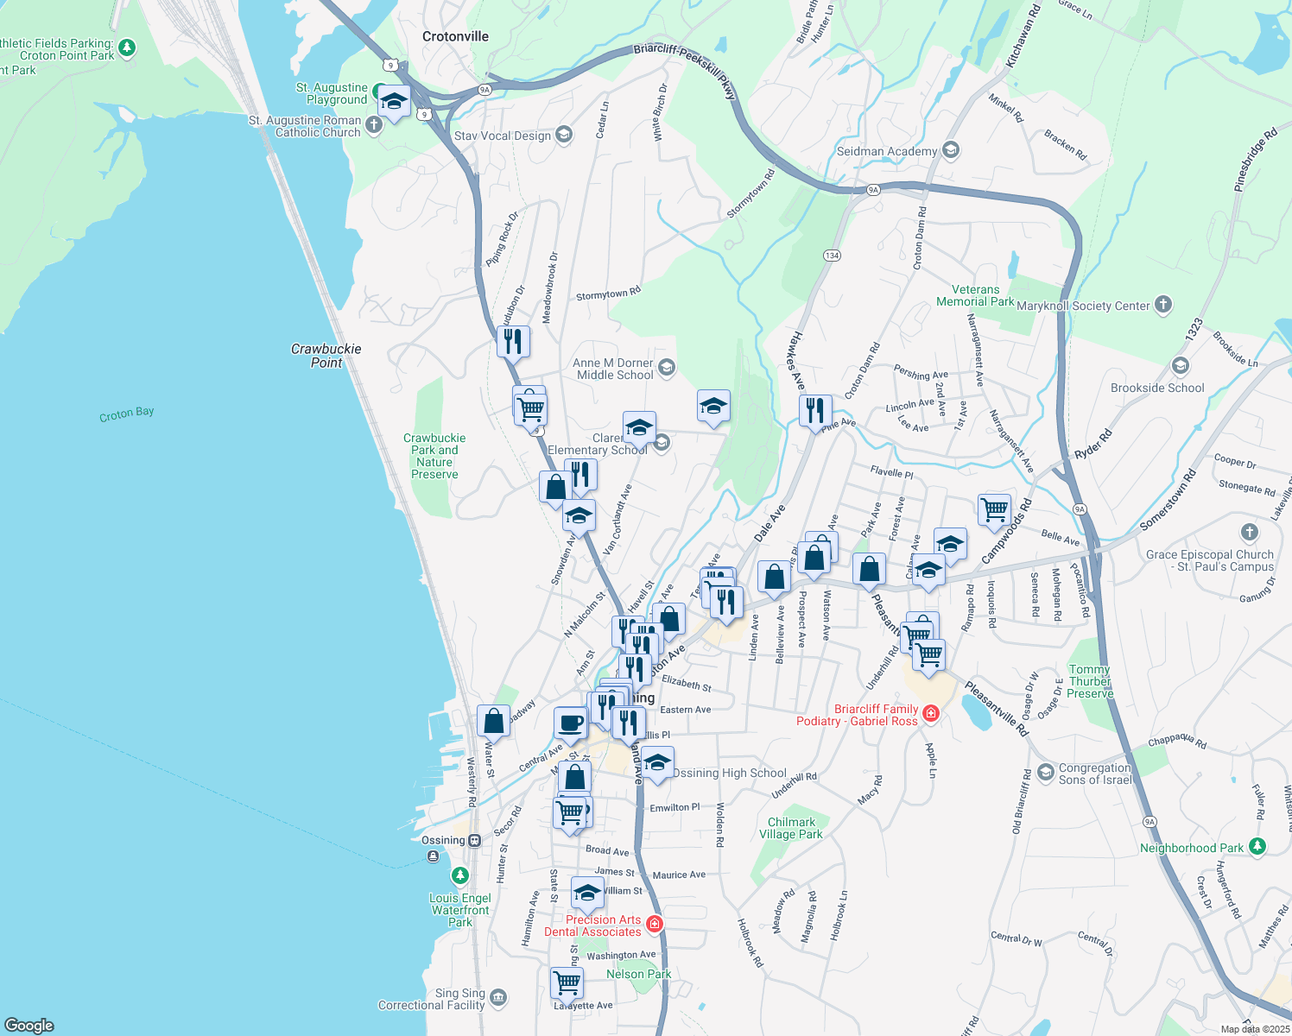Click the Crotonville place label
pos(455,36)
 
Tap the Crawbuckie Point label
pos(326,356)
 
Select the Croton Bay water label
pos(127,414)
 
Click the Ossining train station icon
pos(474,840)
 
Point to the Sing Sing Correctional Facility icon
pos(498,999)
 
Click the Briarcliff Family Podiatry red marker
pos(931,713)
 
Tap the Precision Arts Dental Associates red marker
pos(655,925)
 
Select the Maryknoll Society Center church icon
pos(1163,304)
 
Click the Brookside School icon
pos(1181,366)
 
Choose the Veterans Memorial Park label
pos(975,296)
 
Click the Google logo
pos(28,1025)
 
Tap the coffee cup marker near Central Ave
pos(570,722)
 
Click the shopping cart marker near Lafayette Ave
pos(567,982)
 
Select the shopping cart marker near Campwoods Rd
pos(995,509)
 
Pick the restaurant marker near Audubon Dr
pos(513,341)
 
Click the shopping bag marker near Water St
pos(493,720)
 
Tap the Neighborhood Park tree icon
pos(1257,846)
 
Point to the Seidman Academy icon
pos(951,151)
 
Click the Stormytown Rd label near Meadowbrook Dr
pos(608,294)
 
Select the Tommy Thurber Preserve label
pos(1090,681)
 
